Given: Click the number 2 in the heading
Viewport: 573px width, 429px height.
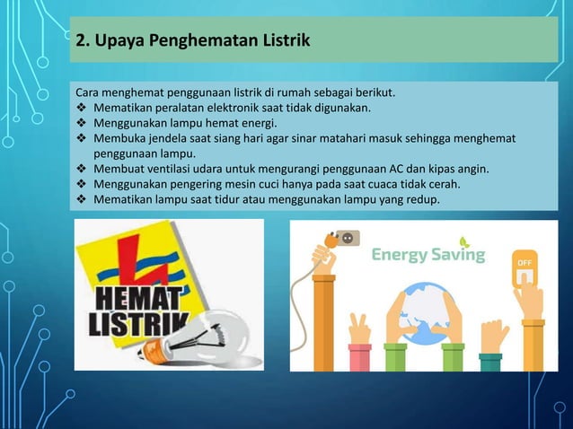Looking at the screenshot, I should point(80,40).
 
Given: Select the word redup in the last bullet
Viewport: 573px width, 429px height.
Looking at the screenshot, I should point(419,199).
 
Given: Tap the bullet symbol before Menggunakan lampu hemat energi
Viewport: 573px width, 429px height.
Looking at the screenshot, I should point(80,123).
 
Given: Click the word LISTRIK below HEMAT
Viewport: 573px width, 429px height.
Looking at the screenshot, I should point(133,323).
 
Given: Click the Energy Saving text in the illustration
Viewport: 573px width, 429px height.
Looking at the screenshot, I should point(428,255).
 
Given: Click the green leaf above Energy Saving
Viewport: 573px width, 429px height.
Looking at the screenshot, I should point(463,241).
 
